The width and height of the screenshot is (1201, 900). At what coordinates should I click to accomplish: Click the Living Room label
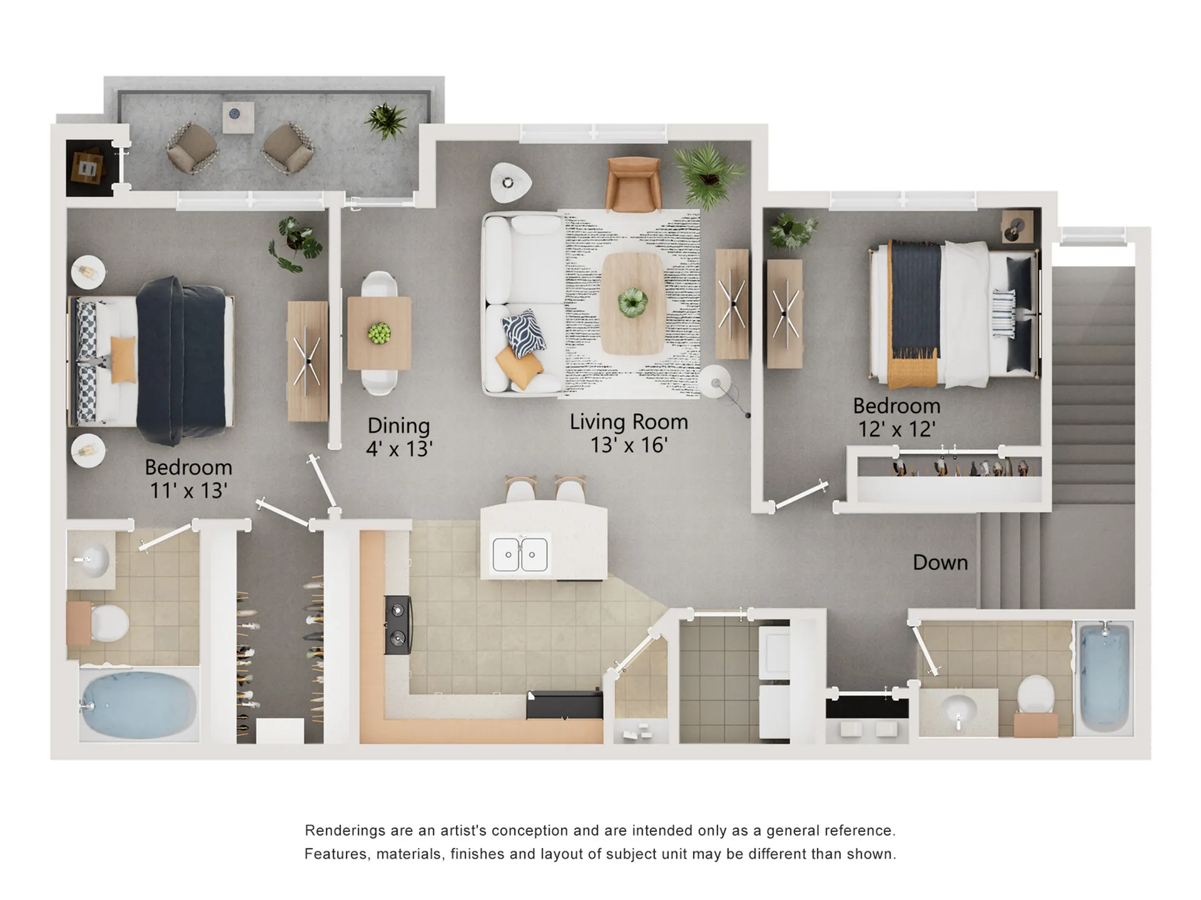[x=629, y=422]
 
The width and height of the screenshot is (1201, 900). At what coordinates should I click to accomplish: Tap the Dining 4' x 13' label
[x=399, y=437]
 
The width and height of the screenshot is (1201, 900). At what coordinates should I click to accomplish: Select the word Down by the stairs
[x=940, y=562]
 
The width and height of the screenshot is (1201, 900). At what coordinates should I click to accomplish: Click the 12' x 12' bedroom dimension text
[x=896, y=429]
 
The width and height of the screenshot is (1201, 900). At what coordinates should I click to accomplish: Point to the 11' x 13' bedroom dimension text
[x=188, y=491]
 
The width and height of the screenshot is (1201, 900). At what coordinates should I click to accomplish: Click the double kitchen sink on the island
[x=520, y=554]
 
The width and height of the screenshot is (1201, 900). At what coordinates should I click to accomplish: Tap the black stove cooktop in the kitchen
[x=398, y=624]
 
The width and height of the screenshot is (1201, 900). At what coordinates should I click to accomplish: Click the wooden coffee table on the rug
[x=632, y=303]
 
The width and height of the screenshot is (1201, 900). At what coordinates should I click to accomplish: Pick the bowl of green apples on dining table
[x=379, y=333]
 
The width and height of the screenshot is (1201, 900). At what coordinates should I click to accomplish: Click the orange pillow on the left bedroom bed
[x=123, y=359]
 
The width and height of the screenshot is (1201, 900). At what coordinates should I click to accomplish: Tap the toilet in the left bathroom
[x=109, y=623]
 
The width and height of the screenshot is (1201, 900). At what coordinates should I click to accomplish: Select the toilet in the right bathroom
[x=1036, y=695]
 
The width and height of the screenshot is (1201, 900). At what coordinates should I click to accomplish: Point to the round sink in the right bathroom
[x=958, y=709]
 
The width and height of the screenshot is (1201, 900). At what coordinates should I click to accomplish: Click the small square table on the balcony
[x=238, y=117]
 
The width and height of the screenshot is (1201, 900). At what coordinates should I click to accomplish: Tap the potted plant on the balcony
[x=386, y=120]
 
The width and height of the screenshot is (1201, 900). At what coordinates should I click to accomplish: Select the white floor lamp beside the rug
[x=714, y=381]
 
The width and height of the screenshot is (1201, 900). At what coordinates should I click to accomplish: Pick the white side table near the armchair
[x=510, y=182]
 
